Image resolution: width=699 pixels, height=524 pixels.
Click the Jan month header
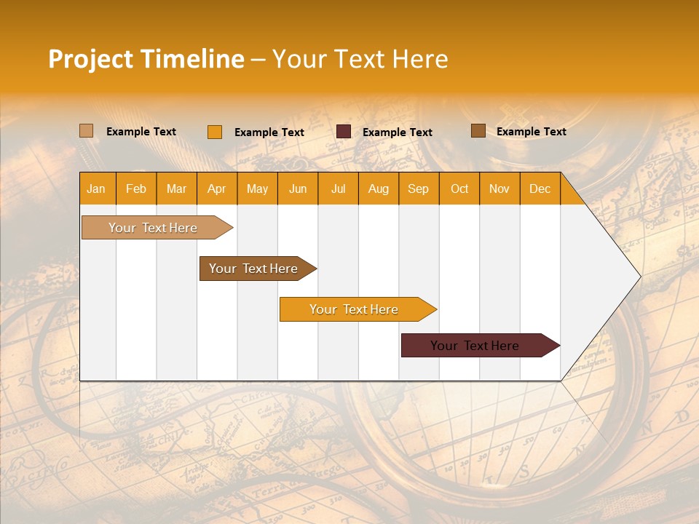point(96,188)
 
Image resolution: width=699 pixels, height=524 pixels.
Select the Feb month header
point(136,188)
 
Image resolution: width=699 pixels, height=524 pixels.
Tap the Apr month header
point(217,188)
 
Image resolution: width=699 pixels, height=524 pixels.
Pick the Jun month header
point(298,188)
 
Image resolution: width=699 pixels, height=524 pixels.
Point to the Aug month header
point(379,188)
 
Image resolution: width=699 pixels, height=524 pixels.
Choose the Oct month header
point(459,188)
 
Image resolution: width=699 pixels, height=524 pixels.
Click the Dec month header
point(540,188)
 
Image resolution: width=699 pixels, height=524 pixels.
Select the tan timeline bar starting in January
point(154,228)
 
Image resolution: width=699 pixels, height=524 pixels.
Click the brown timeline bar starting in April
point(254,269)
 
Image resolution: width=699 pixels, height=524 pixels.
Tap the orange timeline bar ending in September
point(355,309)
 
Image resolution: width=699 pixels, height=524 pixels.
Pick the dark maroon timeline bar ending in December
point(475,346)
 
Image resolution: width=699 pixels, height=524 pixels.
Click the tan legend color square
point(87,131)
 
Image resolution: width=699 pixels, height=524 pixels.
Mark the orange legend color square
point(215,132)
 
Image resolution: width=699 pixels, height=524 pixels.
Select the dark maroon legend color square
point(344,132)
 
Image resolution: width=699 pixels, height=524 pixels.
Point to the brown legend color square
point(478,131)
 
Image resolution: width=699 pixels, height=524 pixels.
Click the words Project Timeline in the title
point(146,59)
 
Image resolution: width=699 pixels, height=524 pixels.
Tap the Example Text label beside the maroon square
point(398,132)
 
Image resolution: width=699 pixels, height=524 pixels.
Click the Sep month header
point(419,188)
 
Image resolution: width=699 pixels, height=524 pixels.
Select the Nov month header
point(499,188)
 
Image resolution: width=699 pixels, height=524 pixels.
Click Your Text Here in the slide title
point(360,59)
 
